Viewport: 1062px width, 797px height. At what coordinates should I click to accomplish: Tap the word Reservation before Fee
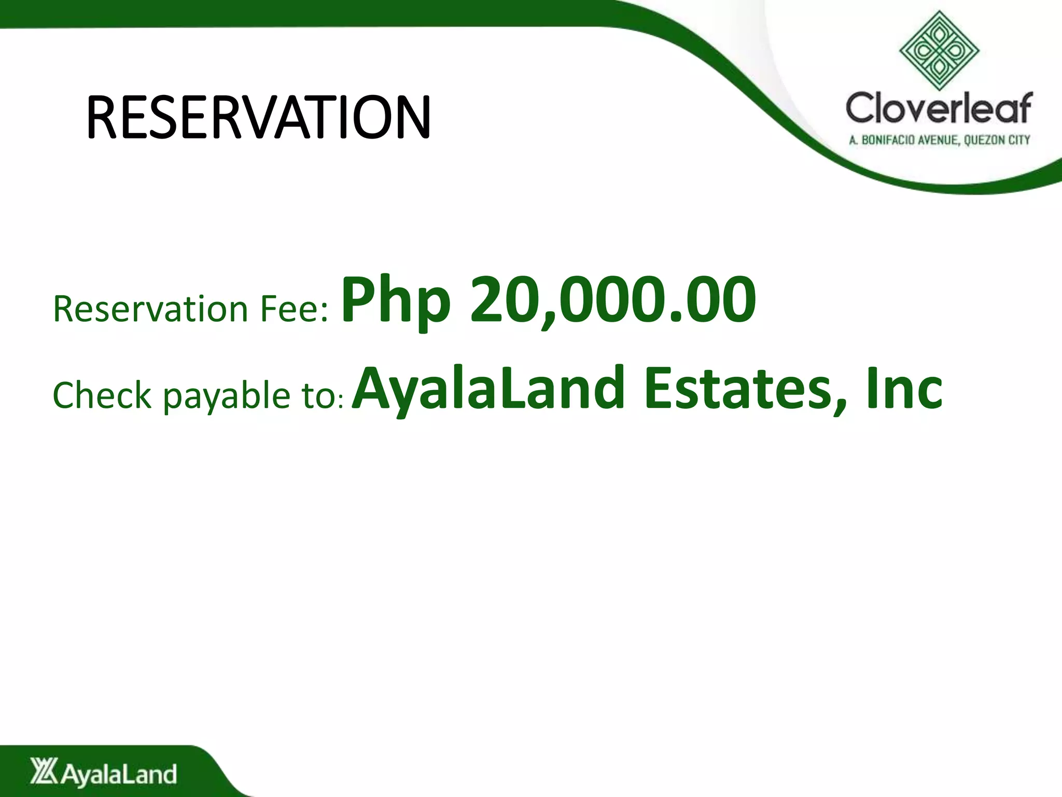(150, 309)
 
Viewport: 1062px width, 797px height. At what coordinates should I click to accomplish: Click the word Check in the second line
(102, 395)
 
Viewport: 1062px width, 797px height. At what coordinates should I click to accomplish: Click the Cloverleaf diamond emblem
(939, 51)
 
